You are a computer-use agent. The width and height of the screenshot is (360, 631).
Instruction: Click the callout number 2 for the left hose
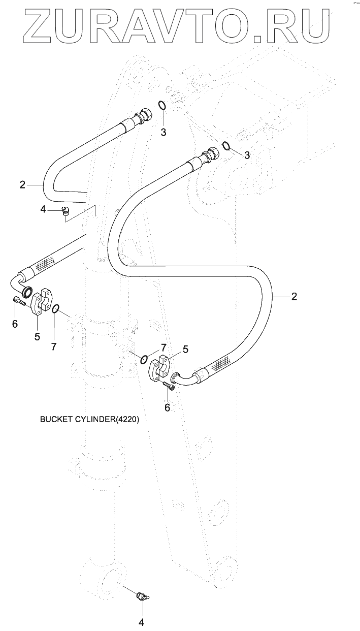tap(22, 185)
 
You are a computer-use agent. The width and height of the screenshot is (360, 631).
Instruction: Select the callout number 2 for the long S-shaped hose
tap(294, 296)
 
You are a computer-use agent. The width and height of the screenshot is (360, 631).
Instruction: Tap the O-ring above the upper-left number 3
tap(162, 105)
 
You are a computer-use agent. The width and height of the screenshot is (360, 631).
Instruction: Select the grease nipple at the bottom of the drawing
tap(143, 596)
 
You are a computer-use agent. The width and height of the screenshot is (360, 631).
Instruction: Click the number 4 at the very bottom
tap(142, 622)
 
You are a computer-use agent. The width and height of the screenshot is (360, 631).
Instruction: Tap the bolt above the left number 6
tap(19, 302)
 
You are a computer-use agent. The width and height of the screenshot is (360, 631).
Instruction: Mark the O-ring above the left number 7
tap(56, 308)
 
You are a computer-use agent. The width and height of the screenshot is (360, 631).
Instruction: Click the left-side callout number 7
tap(54, 346)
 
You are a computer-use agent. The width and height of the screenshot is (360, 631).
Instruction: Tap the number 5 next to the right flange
tap(185, 350)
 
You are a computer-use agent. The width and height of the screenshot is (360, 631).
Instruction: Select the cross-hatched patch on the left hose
tap(44, 263)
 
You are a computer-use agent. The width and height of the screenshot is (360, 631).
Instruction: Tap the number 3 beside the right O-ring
tap(247, 155)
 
